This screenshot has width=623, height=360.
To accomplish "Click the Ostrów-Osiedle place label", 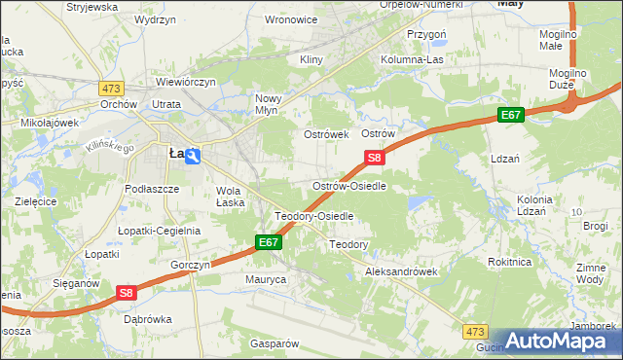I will tap(355, 185).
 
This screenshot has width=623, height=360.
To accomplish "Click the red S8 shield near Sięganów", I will tap(126, 291).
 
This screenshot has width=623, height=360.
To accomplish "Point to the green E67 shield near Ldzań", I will tap(511, 115).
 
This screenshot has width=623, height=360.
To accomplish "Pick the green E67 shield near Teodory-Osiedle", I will tap(270, 241).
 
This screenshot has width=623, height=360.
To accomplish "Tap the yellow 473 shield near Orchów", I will tap(109, 88).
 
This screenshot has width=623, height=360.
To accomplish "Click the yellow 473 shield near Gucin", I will tap(474, 331).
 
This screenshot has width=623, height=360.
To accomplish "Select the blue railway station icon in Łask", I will tap(193, 156).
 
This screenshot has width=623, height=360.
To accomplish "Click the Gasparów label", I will tap(273, 343).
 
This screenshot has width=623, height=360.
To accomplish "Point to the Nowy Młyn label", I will tap(268, 104).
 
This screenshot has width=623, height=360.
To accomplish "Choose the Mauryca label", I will tap(264, 279).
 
